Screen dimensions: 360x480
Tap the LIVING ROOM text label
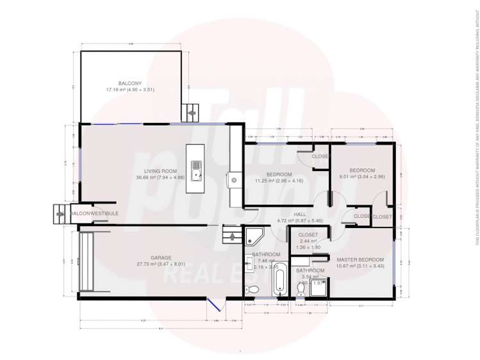(160, 170)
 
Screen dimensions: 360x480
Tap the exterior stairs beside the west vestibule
(61, 213)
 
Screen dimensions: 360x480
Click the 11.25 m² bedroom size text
(279, 181)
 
